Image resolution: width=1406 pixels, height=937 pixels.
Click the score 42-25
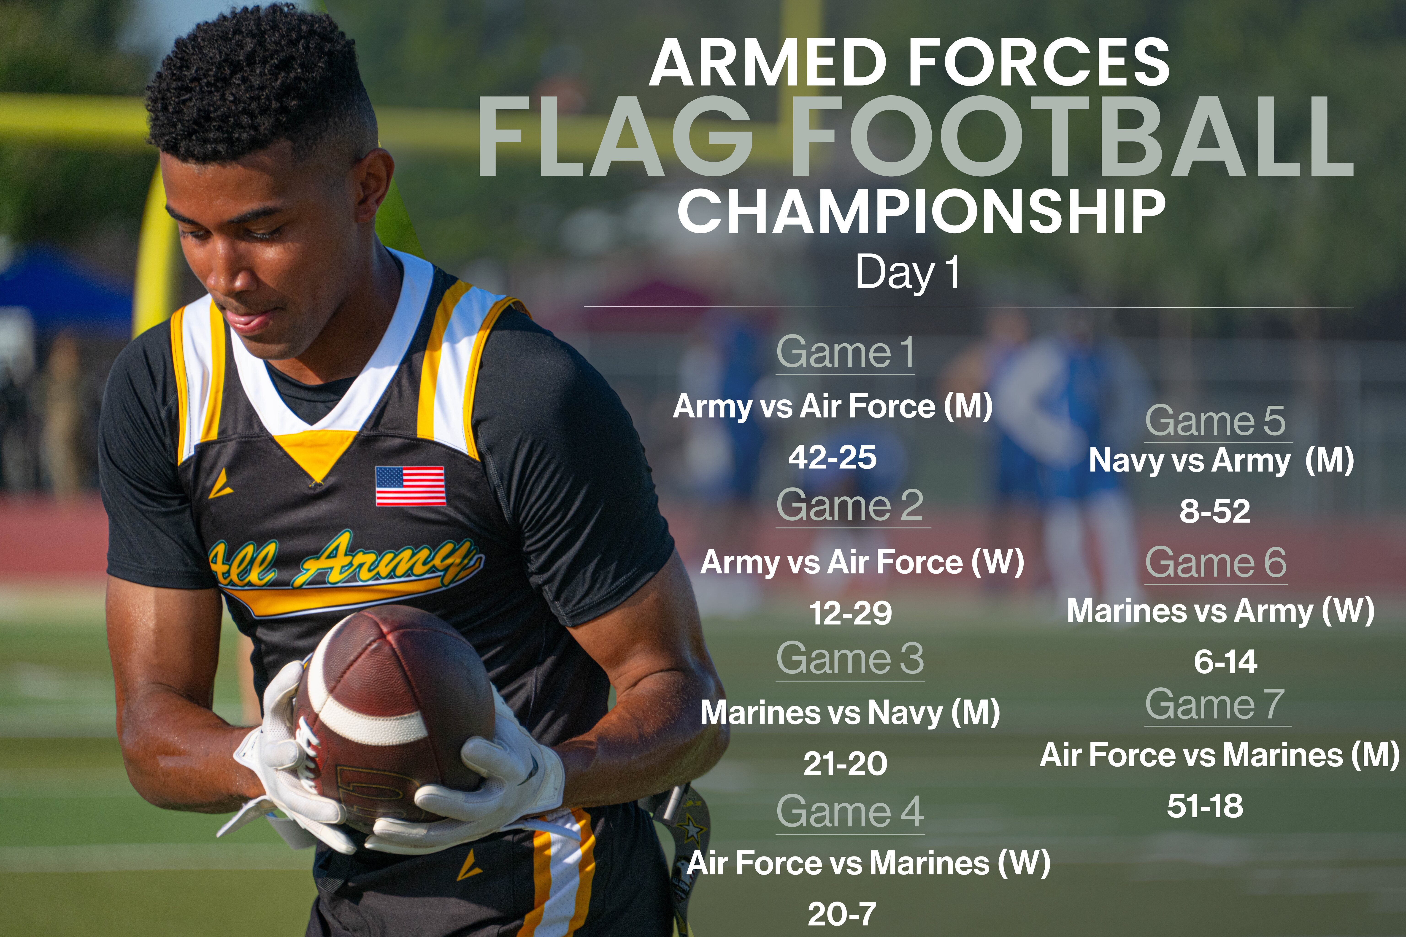point(832,457)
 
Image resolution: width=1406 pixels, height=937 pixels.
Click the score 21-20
point(845,763)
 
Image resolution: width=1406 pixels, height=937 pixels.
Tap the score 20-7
point(842,914)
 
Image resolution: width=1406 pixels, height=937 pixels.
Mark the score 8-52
point(1215,512)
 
